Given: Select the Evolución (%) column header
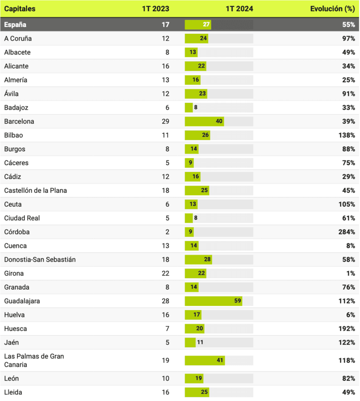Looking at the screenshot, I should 332,9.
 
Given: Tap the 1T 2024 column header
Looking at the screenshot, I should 239,9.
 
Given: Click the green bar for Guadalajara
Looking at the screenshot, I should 213,301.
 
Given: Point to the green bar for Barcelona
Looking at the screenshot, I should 204,121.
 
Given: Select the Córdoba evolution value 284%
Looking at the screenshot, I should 346,232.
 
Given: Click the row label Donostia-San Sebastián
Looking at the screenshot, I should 40,259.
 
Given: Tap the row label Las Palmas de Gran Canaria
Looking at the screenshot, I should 34,360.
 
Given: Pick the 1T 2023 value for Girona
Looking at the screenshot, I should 165,273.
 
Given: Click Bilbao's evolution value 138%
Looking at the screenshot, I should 346,135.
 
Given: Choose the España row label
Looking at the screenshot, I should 15,25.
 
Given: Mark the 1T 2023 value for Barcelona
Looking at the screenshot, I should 165,121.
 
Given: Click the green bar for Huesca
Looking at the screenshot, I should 194,329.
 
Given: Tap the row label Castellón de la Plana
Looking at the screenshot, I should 35,190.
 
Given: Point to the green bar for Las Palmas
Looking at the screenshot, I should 204,360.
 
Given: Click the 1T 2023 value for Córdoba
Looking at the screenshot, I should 167,232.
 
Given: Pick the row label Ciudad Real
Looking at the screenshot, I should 22,218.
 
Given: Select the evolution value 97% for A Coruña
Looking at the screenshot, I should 348,38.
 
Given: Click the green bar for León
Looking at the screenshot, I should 194,378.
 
